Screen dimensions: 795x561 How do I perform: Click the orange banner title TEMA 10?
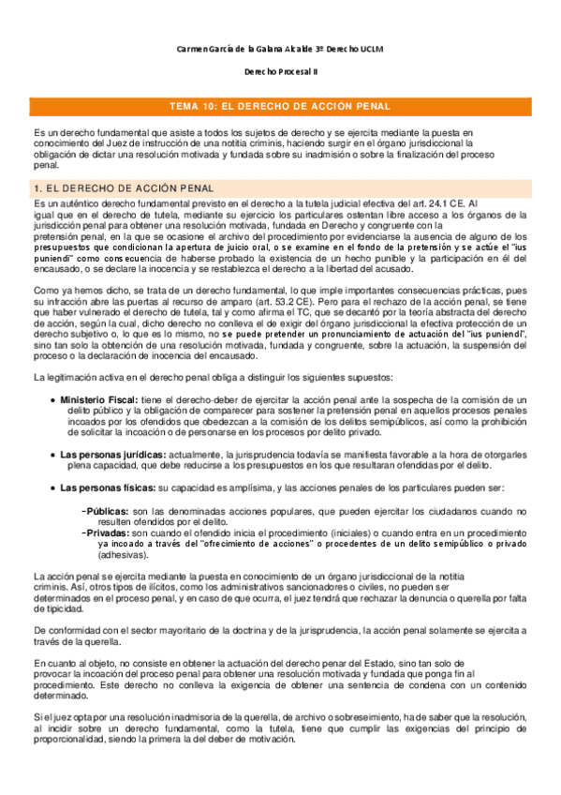click(279, 107)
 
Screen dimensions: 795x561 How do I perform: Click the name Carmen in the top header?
click(194, 48)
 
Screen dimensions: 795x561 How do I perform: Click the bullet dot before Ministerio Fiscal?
click(52, 400)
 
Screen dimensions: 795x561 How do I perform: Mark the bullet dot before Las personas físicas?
click(52, 488)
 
